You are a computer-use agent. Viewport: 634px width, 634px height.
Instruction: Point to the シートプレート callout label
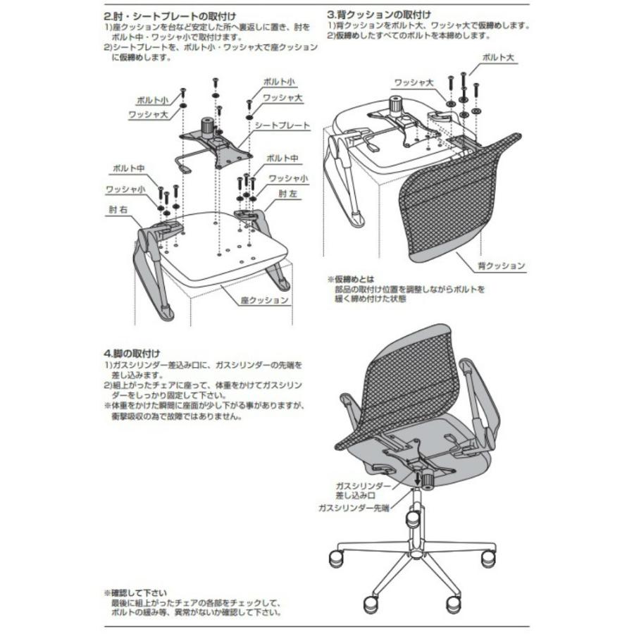pos(282,125)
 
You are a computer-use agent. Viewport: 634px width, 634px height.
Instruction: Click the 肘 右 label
pos(117,209)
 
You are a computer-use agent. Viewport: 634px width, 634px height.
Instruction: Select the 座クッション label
pos(264,299)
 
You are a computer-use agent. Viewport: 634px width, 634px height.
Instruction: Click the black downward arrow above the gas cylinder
pos(425,478)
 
